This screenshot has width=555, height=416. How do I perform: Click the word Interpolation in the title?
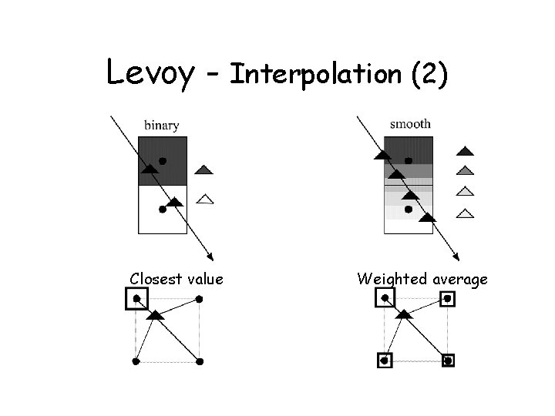click(317, 74)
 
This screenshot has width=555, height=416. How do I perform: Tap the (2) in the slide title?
click(429, 75)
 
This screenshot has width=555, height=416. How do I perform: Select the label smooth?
click(411, 123)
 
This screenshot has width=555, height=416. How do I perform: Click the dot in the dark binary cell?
click(162, 161)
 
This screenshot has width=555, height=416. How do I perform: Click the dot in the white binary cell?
click(163, 209)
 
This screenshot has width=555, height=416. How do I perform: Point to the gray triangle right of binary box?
click(203, 169)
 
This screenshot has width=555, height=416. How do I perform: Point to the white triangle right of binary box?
click(204, 199)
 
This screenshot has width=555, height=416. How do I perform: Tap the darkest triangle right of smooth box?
click(465, 151)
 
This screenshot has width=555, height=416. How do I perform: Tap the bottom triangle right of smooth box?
click(465, 213)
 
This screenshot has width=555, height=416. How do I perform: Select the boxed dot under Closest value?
click(136, 299)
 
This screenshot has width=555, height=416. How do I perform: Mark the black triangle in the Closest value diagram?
click(156, 315)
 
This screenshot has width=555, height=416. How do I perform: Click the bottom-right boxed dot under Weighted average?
click(449, 360)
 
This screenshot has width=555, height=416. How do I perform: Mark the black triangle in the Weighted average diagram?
click(403, 314)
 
